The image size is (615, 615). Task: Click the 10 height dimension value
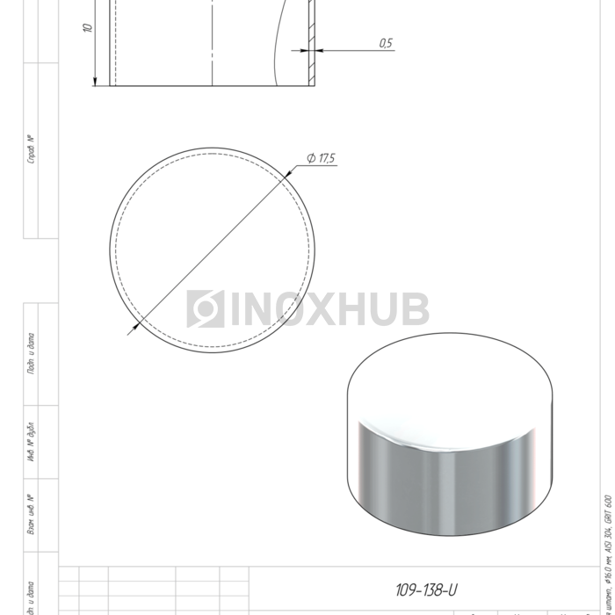click(88, 28)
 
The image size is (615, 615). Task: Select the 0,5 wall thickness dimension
click(386, 43)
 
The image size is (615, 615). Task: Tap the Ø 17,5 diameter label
click(321, 158)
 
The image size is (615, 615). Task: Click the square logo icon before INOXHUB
click(205, 309)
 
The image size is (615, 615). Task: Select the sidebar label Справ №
click(32, 149)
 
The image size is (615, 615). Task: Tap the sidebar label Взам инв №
click(32, 516)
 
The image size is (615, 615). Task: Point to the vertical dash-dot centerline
click(212, 44)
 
